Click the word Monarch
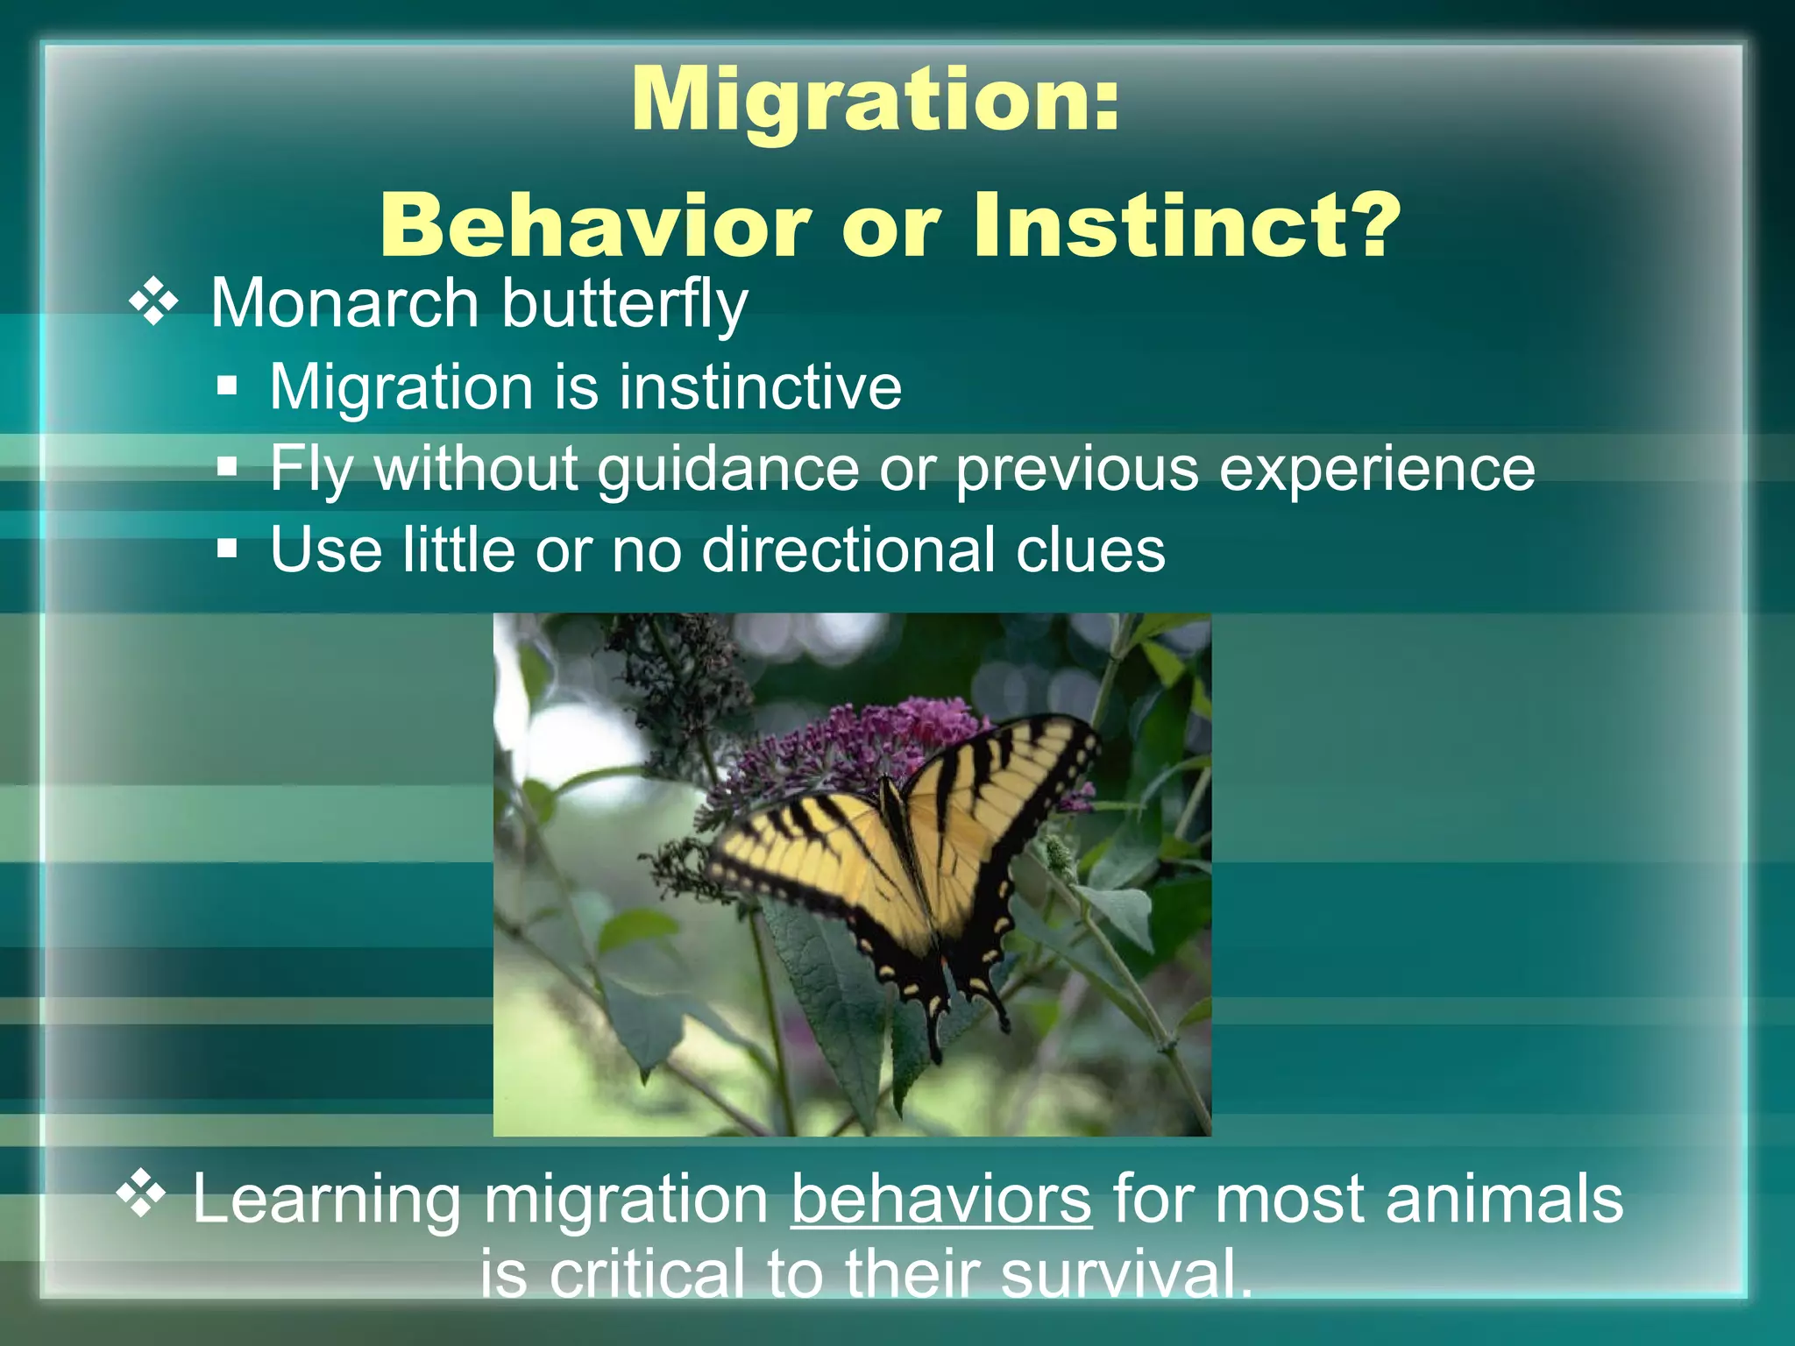pyautogui.click(x=344, y=303)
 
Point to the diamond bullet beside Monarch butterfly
pyautogui.click(x=154, y=303)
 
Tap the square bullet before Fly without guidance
pyautogui.click(x=228, y=467)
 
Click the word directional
pyautogui.click(x=848, y=549)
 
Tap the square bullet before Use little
pyautogui.click(x=228, y=549)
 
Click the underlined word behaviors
pyautogui.click(x=940, y=1199)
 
